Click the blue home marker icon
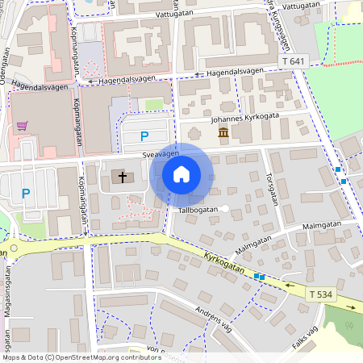(181, 174)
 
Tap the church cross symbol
(123, 176)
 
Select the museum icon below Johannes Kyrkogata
(223, 132)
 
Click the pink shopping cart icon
(22, 126)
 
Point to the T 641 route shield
(295, 61)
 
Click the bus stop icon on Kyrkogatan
(259, 277)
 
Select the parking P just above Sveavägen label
(144, 136)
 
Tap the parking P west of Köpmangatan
(25, 193)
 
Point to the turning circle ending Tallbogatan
(226, 209)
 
